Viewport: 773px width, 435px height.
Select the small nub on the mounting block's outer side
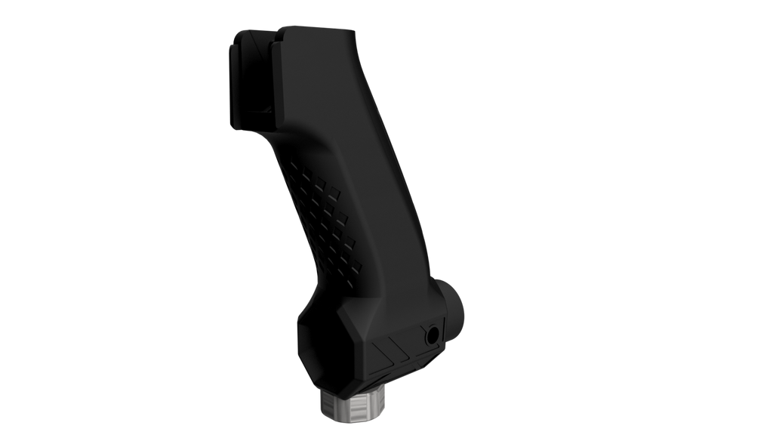tap(227, 94)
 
